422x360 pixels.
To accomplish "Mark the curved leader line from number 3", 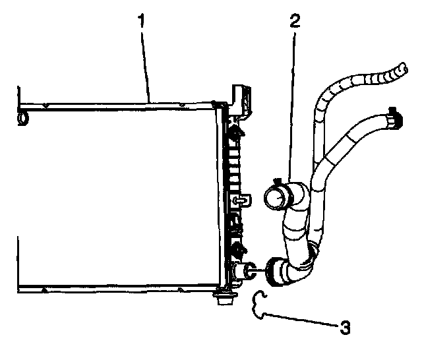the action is [x=303, y=318].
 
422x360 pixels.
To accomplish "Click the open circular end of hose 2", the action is [x=276, y=197].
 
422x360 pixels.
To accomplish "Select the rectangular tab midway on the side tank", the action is [x=241, y=198].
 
